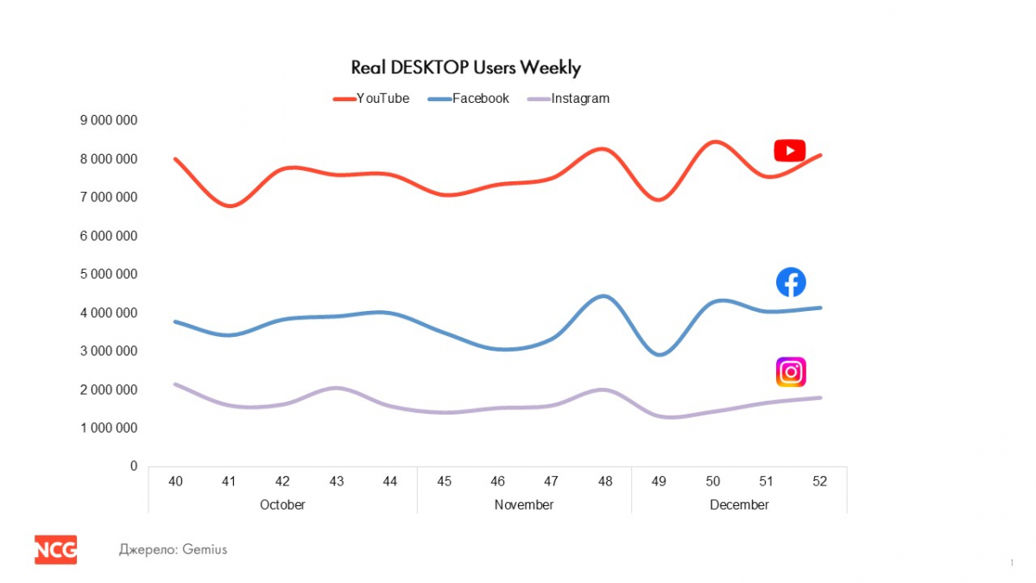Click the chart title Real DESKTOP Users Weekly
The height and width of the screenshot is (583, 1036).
[465, 67]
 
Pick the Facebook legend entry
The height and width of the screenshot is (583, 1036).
[480, 98]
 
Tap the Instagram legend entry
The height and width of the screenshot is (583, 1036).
[579, 98]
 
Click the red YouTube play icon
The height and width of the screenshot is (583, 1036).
[789, 150]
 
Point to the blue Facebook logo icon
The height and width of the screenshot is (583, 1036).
[791, 282]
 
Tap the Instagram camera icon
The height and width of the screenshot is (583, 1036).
[791, 372]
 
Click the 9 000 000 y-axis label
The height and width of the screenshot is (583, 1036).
[109, 120]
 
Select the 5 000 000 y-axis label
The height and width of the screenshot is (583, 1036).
[109, 274]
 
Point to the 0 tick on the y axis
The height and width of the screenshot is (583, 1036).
[133, 466]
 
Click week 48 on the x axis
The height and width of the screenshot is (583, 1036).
[604, 481]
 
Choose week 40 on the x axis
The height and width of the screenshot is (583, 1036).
[175, 481]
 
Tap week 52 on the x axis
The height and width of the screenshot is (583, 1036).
[819, 481]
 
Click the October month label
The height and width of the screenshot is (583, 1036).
[282, 504]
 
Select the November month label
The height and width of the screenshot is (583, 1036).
[524, 504]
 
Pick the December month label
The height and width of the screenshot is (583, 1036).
[739, 504]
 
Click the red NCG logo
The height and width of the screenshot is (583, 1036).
[55, 549]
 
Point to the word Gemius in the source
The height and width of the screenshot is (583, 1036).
[205, 549]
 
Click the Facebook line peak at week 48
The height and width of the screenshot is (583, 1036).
[603, 296]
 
